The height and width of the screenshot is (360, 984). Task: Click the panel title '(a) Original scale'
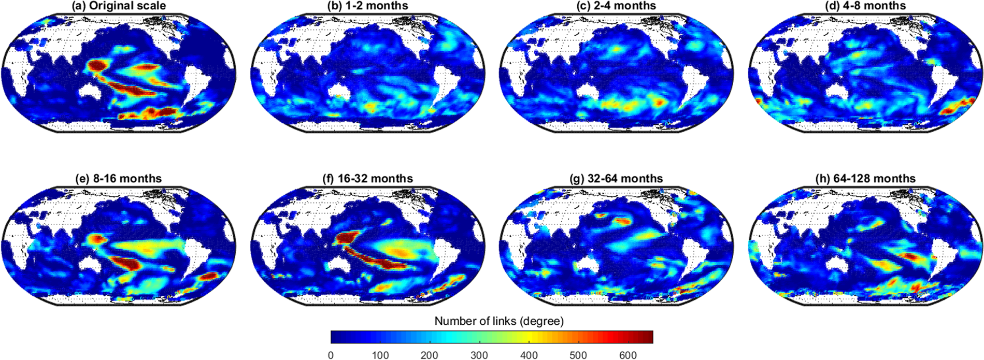point(119,6)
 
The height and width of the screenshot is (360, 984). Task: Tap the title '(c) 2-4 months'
point(616,6)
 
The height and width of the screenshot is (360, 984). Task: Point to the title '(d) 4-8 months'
point(865,6)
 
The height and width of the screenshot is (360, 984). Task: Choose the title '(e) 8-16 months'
point(119,179)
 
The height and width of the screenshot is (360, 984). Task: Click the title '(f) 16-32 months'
point(367,179)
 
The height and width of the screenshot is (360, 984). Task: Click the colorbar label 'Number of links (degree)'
point(498,321)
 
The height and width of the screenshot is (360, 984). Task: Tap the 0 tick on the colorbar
point(331,355)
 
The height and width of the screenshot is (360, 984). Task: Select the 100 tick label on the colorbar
point(380,355)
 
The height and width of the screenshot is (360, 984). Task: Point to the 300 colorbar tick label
point(479,355)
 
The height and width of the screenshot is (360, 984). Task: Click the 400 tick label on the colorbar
point(529,355)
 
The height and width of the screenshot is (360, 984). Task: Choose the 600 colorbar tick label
point(628,355)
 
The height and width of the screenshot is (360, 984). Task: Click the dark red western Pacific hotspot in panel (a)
point(97,66)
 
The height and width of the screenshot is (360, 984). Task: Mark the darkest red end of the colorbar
point(649,337)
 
